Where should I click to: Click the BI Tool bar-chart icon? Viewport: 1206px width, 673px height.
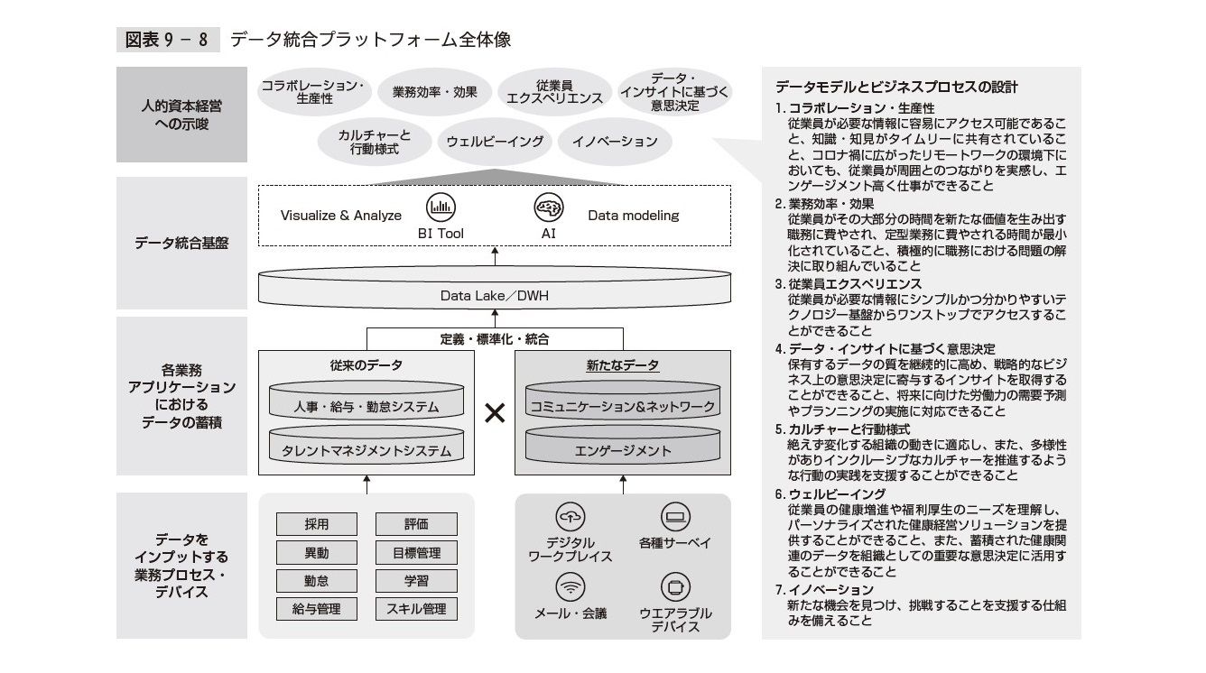click(x=441, y=207)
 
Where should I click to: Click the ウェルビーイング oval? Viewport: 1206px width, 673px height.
click(x=495, y=142)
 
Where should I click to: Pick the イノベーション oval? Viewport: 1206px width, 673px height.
click(x=615, y=142)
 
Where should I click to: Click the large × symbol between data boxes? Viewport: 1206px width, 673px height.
click(x=495, y=413)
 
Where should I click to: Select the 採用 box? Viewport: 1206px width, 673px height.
click(x=316, y=524)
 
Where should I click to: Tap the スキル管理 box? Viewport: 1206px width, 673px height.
click(x=416, y=609)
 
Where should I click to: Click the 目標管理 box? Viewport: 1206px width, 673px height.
click(x=416, y=552)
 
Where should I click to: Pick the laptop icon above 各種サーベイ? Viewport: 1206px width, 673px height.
click(x=674, y=516)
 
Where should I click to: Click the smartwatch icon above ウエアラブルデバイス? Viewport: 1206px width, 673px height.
click(x=674, y=588)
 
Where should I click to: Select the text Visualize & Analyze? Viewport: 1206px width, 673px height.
click(x=341, y=216)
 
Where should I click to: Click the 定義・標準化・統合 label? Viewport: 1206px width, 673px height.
click(x=495, y=340)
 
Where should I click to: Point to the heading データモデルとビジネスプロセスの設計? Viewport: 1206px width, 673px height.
click(x=896, y=88)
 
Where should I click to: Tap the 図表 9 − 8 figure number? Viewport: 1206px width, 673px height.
click(x=168, y=40)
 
